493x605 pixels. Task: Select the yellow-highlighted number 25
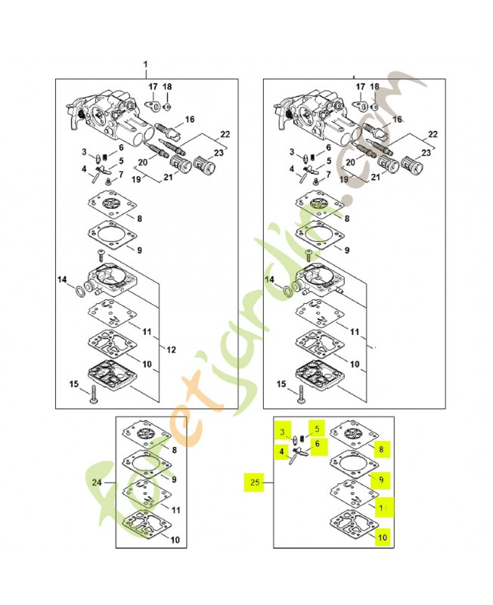tap(253, 481)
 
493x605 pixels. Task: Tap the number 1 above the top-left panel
tap(146, 64)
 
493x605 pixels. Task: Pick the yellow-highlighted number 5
tap(317, 428)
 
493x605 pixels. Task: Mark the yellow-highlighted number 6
tap(317, 445)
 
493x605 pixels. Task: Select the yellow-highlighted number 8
tap(382, 449)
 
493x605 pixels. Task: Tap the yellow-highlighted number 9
tap(382, 479)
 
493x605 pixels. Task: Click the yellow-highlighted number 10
tap(383, 537)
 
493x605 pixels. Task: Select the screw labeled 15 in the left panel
tap(91, 394)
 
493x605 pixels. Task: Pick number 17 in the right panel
tap(358, 87)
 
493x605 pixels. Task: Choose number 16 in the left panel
tap(189, 119)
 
